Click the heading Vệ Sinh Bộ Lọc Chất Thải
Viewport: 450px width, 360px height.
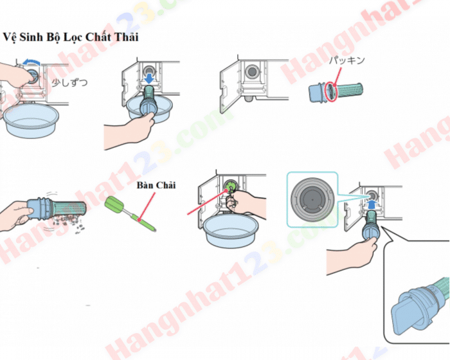click(71, 37)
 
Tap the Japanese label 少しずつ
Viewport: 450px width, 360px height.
click(69, 83)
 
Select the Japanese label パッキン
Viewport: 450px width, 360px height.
click(346, 60)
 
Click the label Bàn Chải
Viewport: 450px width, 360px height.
click(157, 186)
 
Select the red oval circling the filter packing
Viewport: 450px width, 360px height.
click(330, 91)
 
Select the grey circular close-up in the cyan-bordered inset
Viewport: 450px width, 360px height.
click(311, 199)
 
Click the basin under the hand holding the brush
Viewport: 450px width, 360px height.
click(232, 229)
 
